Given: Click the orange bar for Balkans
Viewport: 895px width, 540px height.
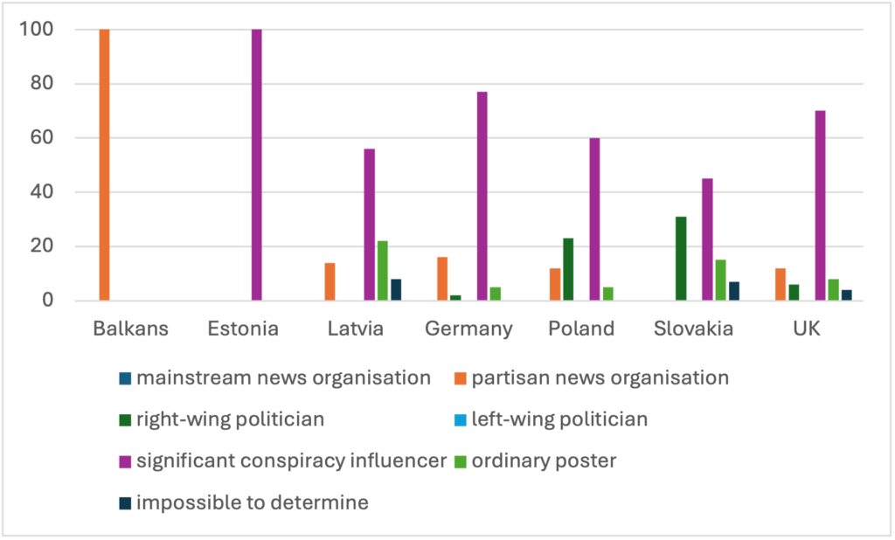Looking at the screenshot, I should pyautogui.click(x=104, y=165).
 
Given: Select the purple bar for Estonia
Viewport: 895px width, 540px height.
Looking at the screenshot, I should pyautogui.click(x=256, y=165).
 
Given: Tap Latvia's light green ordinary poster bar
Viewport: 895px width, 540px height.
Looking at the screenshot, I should pyautogui.click(x=382, y=271).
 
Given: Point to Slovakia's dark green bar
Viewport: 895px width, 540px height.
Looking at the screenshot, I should pyautogui.click(x=681, y=259).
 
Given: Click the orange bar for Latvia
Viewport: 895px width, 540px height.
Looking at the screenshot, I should pyautogui.click(x=330, y=281).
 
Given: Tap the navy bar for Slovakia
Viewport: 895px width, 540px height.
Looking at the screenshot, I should pyautogui.click(x=733, y=291).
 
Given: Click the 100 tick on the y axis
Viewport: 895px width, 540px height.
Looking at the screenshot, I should pyautogui.click(x=38, y=30).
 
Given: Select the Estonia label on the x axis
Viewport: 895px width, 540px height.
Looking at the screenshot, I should pyautogui.click(x=243, y=329).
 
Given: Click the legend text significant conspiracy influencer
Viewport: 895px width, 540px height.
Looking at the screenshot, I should pyautogui.click(x=292, y=460).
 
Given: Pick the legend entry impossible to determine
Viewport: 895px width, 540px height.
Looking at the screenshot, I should pyautogui.click(x=253, y=502).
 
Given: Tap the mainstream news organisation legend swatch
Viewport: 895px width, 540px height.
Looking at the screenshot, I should pyautogui.click(x=125, y=379).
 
